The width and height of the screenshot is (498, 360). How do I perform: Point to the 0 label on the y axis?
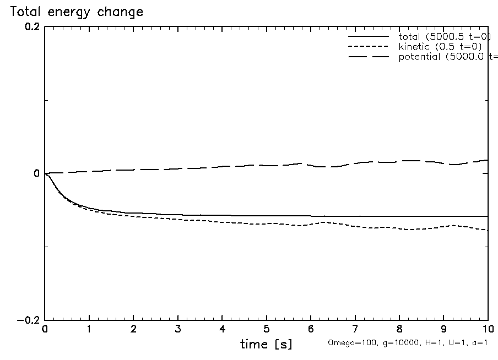(x=36, y=174)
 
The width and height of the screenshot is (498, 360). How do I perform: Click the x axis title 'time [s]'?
(x=266, y=345)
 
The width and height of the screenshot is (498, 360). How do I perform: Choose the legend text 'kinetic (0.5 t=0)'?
(x=441, y=47)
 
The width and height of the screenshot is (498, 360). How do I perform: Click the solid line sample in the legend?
(x=369, y=37)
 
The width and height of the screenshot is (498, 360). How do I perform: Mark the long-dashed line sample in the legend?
(x=369, y=57)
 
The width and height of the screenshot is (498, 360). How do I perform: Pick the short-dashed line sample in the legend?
(x=369, y=47)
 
